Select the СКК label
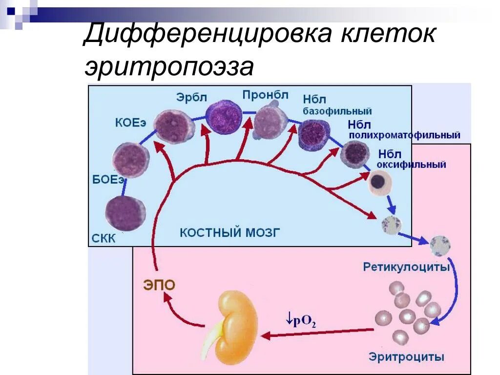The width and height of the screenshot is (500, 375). [x=104, y=239]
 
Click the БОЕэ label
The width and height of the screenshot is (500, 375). [x=108, y=179]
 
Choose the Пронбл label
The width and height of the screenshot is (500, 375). [x=265, y=94]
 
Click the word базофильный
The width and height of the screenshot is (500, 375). [x=337, y=111]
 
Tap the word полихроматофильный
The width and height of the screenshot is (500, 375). [x=405, y=135]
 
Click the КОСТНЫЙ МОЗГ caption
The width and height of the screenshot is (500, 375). [x=230, y=232]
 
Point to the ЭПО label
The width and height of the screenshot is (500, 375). [x=159, y=285]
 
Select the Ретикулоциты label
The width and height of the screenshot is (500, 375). [x=406, y=267]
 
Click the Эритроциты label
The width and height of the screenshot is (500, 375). [x=406, y=357]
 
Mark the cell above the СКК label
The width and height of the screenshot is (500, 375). [x=125, y=213]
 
